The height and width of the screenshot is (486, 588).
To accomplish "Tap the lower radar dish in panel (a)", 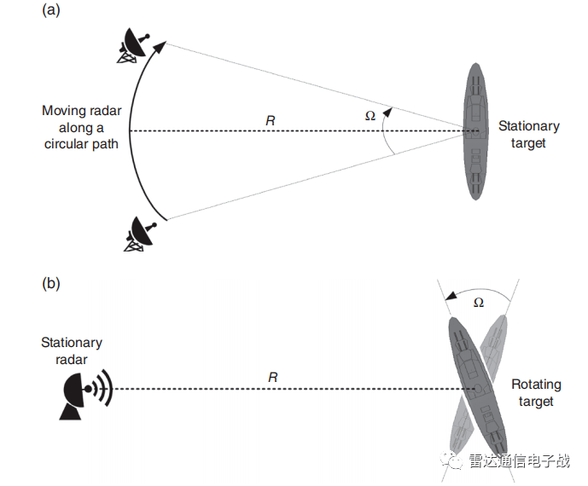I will coord(137,233).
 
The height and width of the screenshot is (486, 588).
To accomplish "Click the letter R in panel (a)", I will coord(271,121).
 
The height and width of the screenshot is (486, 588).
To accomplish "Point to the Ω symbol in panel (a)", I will coord(370,115).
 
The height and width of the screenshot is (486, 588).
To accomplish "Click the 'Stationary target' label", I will coord(529,135).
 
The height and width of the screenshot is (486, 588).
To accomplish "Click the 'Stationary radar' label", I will coord(72,350).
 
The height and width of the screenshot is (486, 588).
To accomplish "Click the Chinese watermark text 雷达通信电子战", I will coord(519,461).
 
